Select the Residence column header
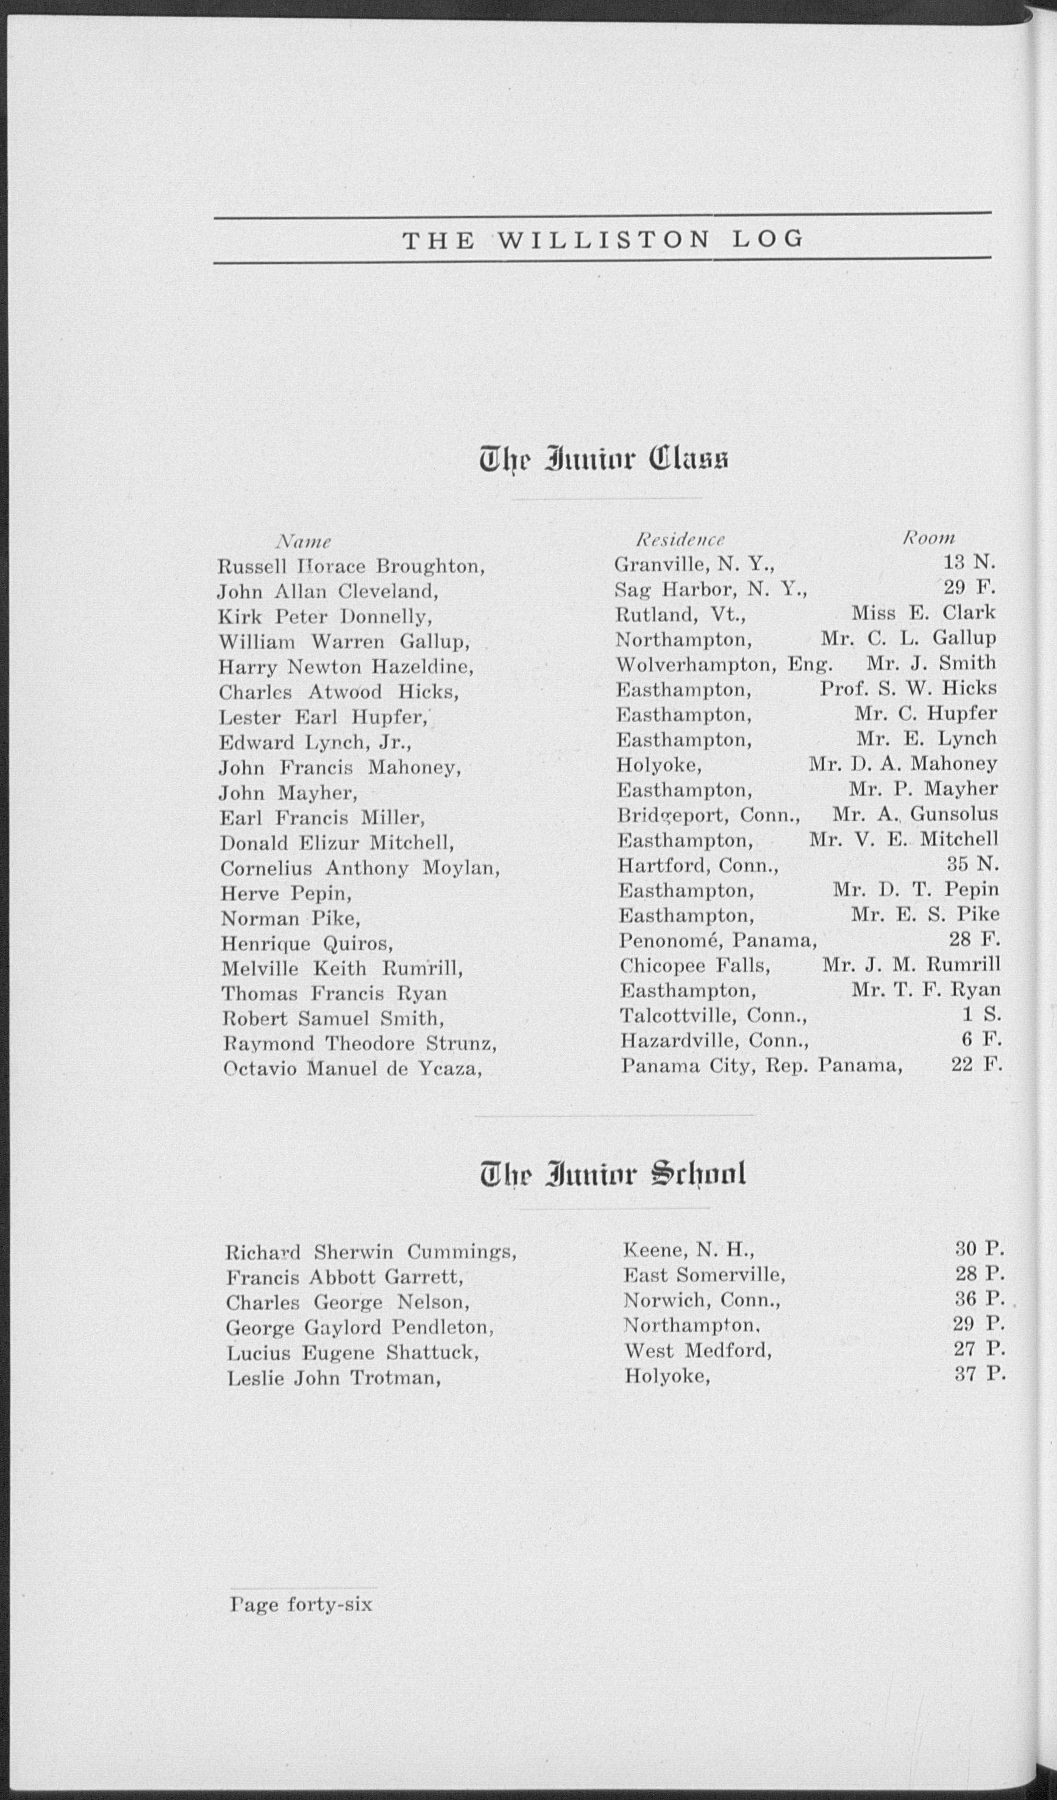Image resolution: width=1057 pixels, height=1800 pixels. tap(680, 539)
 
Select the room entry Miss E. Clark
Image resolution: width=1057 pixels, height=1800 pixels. tap(923, 613)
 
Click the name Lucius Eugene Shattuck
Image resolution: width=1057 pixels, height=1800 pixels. tap(352, 1353)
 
